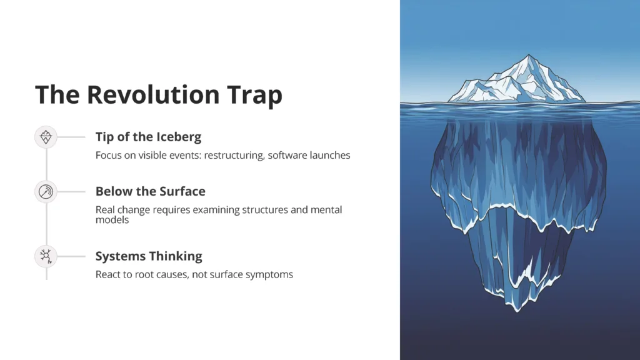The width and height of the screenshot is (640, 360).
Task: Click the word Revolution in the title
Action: click(154, 94)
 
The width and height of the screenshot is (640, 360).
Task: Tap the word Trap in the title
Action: click(255, 96)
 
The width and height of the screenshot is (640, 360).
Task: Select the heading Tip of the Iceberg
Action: click(148, 137)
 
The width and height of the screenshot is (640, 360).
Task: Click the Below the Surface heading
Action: click(150, 191)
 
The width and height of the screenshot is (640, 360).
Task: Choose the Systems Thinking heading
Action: click(149, 256)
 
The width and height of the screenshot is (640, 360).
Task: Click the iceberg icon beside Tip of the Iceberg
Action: click(46, 137)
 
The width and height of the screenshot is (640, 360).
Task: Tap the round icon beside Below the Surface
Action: click(46, 191)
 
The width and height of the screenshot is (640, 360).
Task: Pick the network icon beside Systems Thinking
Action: click(46, 256)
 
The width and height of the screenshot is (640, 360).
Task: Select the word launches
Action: click(330, 155)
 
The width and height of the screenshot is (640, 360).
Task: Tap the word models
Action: click(112, 219)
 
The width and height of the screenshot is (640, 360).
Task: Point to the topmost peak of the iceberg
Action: click(529, 55)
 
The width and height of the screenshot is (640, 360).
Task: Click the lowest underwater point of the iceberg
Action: click(518, 311)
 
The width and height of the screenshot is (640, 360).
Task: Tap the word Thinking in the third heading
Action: click(177, 256)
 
